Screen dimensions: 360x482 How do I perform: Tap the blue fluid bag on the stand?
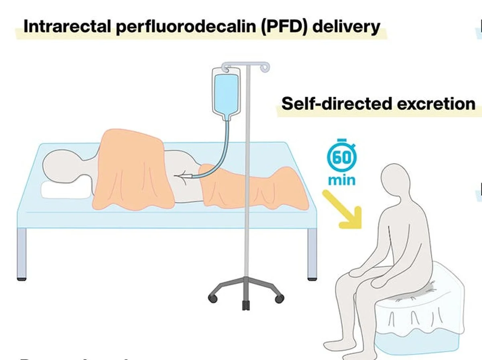(x=226, y=94)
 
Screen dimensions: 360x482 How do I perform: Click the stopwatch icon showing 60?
(x=341, y=156)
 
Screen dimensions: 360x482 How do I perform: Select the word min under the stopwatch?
(x=341, y=180)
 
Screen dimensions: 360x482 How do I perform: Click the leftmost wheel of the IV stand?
(x=213, y=299)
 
